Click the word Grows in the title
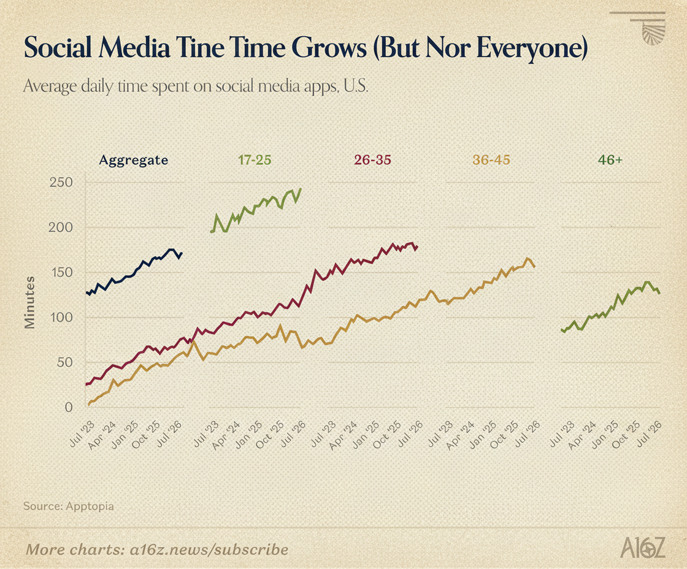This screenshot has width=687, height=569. click(x=329, y=47)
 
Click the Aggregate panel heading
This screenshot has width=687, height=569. click(x=134, y=160)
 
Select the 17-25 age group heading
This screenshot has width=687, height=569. click(x=255, y=160)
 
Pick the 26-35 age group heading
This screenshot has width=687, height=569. click(x=372, y=160)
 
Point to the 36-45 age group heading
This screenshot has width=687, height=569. click(x=491, y=160)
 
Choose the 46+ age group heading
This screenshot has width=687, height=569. click(x=610, y=160)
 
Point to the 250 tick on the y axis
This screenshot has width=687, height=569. click(x=61, y=182)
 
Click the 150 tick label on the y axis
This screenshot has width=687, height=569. click(x=61, y=272)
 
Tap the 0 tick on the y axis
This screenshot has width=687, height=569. click(x=68, y=407)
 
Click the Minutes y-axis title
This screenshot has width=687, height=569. click(x=29, y=302)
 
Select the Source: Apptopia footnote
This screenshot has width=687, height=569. click(x=68, y=506)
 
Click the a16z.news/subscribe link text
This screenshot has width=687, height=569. click(x=209, y=550)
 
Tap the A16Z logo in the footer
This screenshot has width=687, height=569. click(x=643, y=548)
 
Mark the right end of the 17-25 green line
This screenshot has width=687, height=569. click(x=301, y=189)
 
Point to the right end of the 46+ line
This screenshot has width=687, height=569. click(x=659, y=293)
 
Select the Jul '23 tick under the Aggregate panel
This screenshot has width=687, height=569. click(x=82, y=433)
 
